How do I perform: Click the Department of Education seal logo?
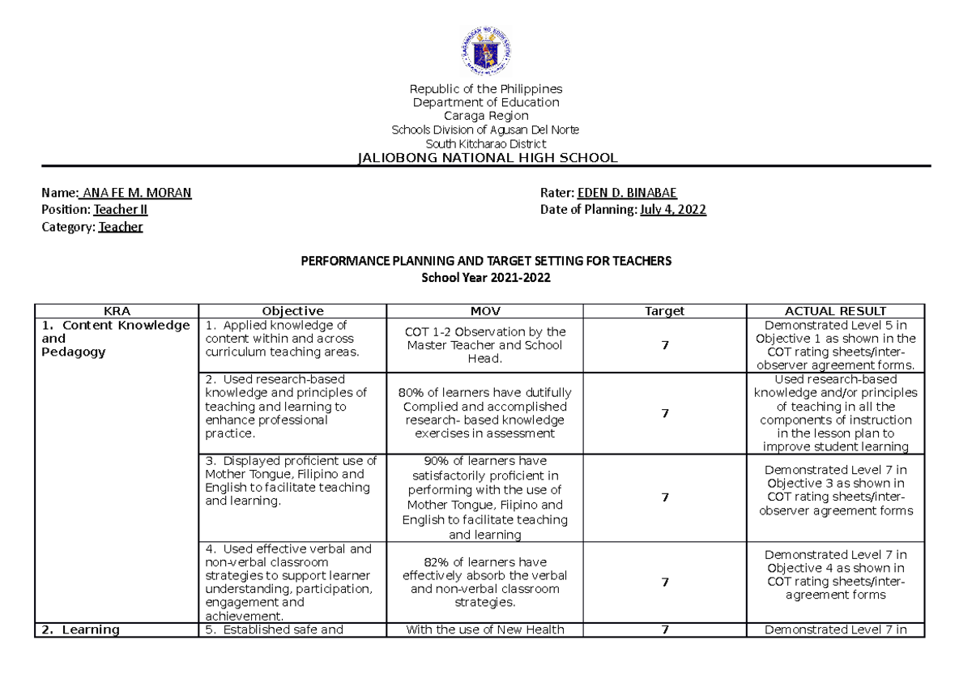486,51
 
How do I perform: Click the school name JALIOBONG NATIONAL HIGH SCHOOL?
486,157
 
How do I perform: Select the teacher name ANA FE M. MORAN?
137,193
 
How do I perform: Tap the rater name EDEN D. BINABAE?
626,193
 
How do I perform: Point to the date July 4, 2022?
673,210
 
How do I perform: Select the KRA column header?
117,311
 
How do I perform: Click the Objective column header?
292,311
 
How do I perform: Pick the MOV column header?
485,311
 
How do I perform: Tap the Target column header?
664,311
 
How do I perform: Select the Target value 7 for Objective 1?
664,345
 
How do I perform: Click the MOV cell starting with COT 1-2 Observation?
485,345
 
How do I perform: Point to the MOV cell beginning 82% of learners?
485,582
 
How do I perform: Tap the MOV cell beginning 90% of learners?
485,497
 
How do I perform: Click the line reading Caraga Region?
486,116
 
